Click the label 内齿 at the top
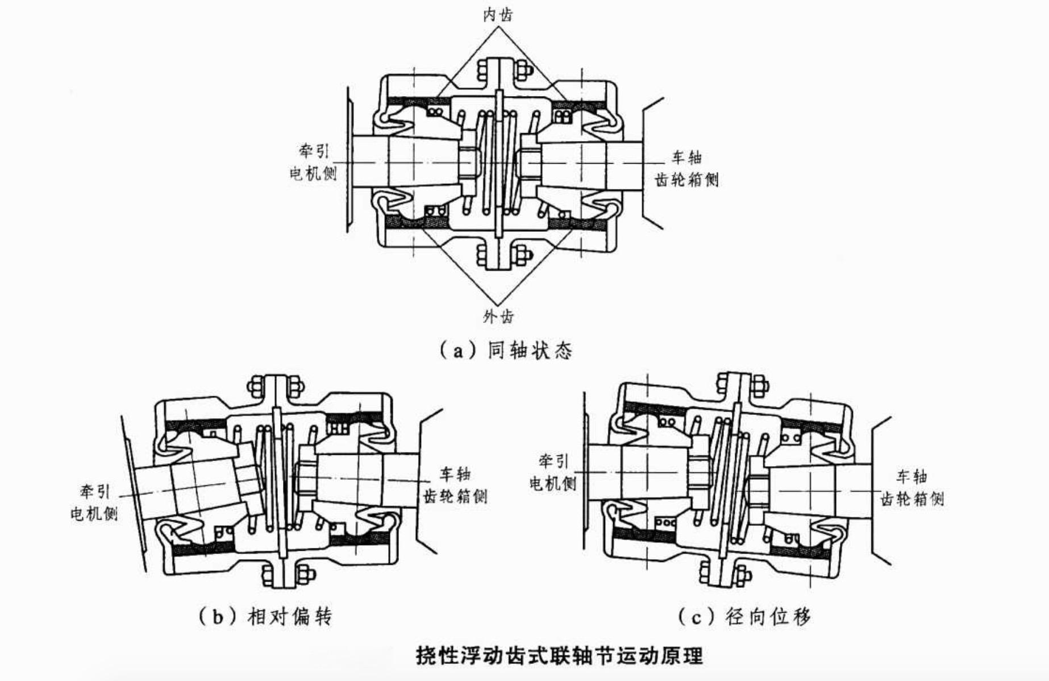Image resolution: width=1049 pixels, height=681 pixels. pos(498,15)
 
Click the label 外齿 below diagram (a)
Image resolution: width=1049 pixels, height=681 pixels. pos(498,316)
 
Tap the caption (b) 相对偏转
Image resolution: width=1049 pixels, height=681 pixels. pos(265,616)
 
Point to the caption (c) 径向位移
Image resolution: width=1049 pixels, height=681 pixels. pos(744,616)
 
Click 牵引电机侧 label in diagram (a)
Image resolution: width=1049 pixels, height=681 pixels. pos(313,162)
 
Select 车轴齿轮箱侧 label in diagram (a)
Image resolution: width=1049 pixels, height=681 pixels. pos(686,169)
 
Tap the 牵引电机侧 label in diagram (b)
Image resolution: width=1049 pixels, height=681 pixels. pos(94,503)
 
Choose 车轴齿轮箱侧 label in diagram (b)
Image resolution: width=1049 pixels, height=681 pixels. pos(455,485)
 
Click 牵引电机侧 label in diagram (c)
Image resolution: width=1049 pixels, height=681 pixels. pos(553,472)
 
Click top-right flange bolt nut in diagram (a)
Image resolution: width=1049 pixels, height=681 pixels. pos(523,69)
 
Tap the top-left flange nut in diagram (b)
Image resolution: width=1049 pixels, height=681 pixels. pos(256,387)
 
